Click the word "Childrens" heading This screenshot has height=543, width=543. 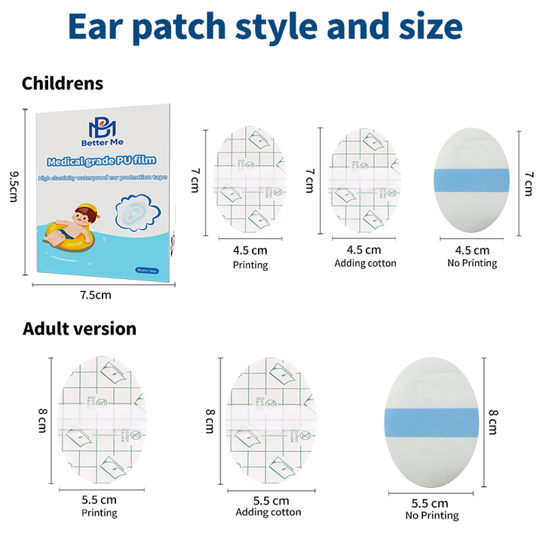[x=63, y=83]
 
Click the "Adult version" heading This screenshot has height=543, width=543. [x=79, y=329]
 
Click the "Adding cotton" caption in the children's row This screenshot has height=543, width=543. [x=365, y=263]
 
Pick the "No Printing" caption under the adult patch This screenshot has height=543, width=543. [x=431, y=516]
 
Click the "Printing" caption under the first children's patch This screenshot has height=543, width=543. [x=250, y=265]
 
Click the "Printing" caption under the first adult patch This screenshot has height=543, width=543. [x=99, y=513]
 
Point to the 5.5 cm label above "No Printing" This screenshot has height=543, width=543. [x=431, y=503]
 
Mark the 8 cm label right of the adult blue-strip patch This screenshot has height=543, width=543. [x=493, y=422]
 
